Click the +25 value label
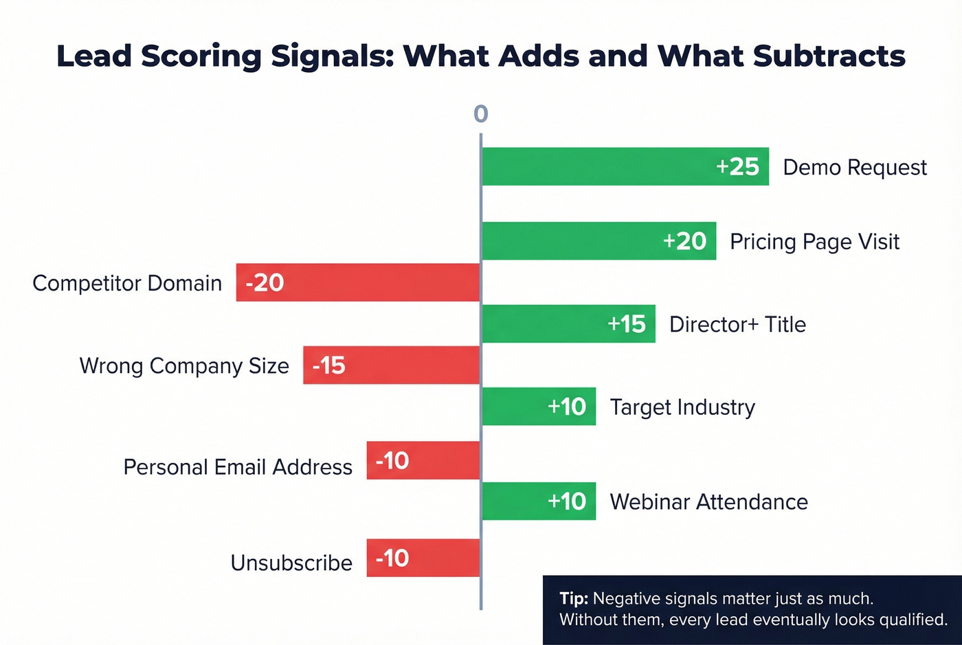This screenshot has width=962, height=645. point(737,166)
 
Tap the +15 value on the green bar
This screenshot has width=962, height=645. point(627,324)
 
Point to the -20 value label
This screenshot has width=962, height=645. point(265,282)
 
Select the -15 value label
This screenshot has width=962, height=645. point(328,365)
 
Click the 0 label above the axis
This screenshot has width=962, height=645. point(481,113)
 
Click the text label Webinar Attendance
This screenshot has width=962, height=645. point(708,502)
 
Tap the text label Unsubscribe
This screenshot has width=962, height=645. point(291,563)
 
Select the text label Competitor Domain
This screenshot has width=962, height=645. point(127,283)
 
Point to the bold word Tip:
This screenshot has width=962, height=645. point(573,598)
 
